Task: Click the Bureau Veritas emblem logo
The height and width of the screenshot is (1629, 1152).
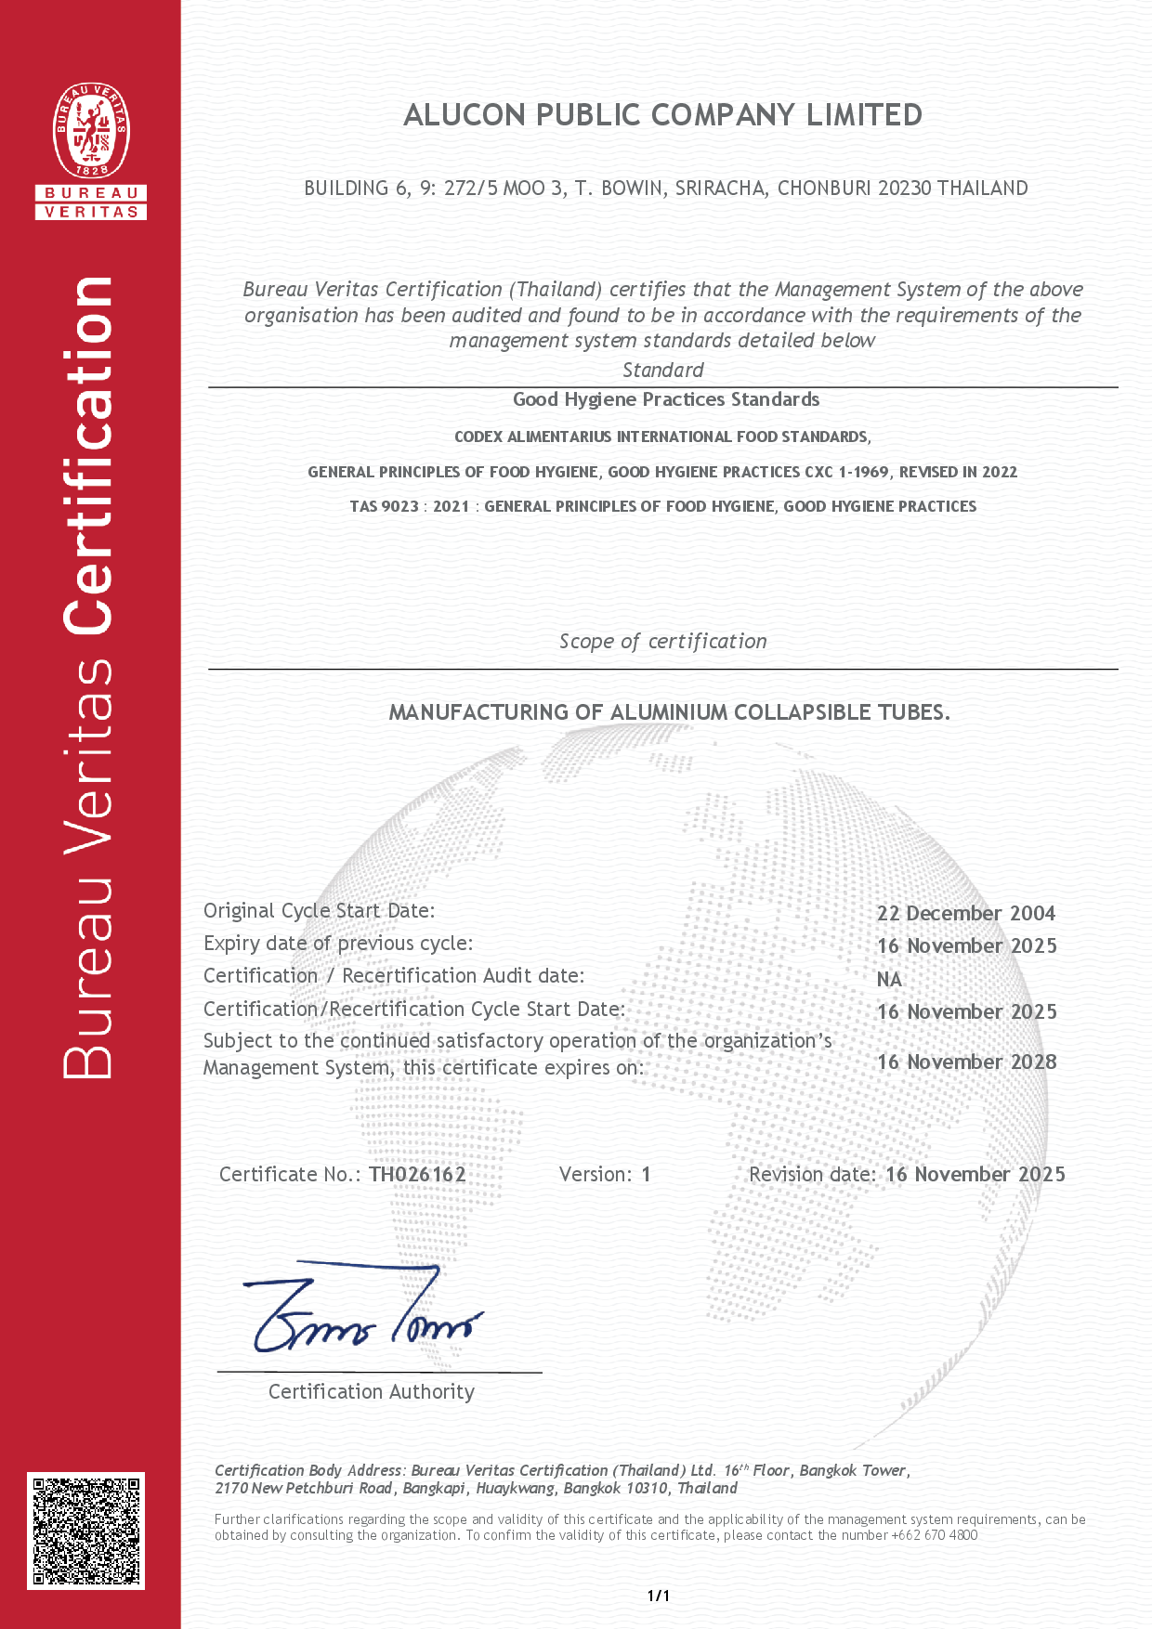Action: point(91,131)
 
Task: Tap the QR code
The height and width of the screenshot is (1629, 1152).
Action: point(85,1531)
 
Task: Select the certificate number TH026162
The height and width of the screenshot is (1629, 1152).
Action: point(417,1175)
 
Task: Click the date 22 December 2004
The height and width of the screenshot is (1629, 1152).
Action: point(966,914)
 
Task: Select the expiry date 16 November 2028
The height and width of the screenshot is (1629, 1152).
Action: point(966,1062)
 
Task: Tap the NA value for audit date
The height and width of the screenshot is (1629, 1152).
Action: point(889,980)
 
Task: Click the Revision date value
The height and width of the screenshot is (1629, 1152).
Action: point(975,1175)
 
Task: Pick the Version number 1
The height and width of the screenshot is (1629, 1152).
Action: point(646,1175)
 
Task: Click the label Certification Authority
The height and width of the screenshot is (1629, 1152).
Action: point(372,1392)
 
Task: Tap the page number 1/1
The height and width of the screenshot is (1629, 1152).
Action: point(659,1596)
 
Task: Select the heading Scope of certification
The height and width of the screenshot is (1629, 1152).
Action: point(662,642)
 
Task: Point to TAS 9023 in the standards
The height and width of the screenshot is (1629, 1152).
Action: point(384,507)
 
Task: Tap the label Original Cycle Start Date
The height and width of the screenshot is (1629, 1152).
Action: point(319,911)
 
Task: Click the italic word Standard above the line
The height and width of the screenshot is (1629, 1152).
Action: point(662,371)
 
